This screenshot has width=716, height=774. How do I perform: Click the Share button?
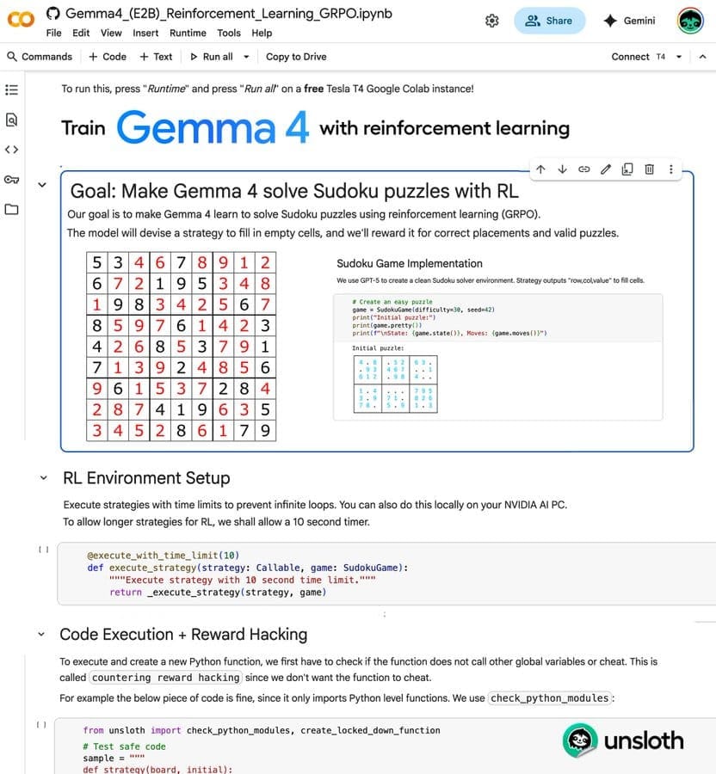(549, 21)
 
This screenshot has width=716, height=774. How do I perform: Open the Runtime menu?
(188, 33)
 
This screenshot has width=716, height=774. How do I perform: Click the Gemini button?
(630, 21)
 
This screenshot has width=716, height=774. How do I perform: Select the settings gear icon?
(492, 21)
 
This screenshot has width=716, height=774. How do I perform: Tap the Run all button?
(211, 57)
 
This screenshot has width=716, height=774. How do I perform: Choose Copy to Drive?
(296, 57)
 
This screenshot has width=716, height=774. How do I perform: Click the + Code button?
(108, 57)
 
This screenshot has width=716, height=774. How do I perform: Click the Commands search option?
(40, 57)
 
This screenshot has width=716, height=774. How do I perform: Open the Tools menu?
(229, 33)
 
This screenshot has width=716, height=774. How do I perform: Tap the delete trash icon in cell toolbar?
(650, 169)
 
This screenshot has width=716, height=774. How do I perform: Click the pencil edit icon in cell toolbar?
(606, 169)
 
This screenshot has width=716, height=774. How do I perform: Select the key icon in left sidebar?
(12, 179)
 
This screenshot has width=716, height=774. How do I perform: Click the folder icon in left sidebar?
(12, 209)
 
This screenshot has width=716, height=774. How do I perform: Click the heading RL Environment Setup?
(146, 478)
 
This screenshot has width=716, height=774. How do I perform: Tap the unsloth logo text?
(643, 740)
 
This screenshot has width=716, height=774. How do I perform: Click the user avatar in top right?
(690, 21)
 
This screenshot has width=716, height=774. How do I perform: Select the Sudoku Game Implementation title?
(410, 263)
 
